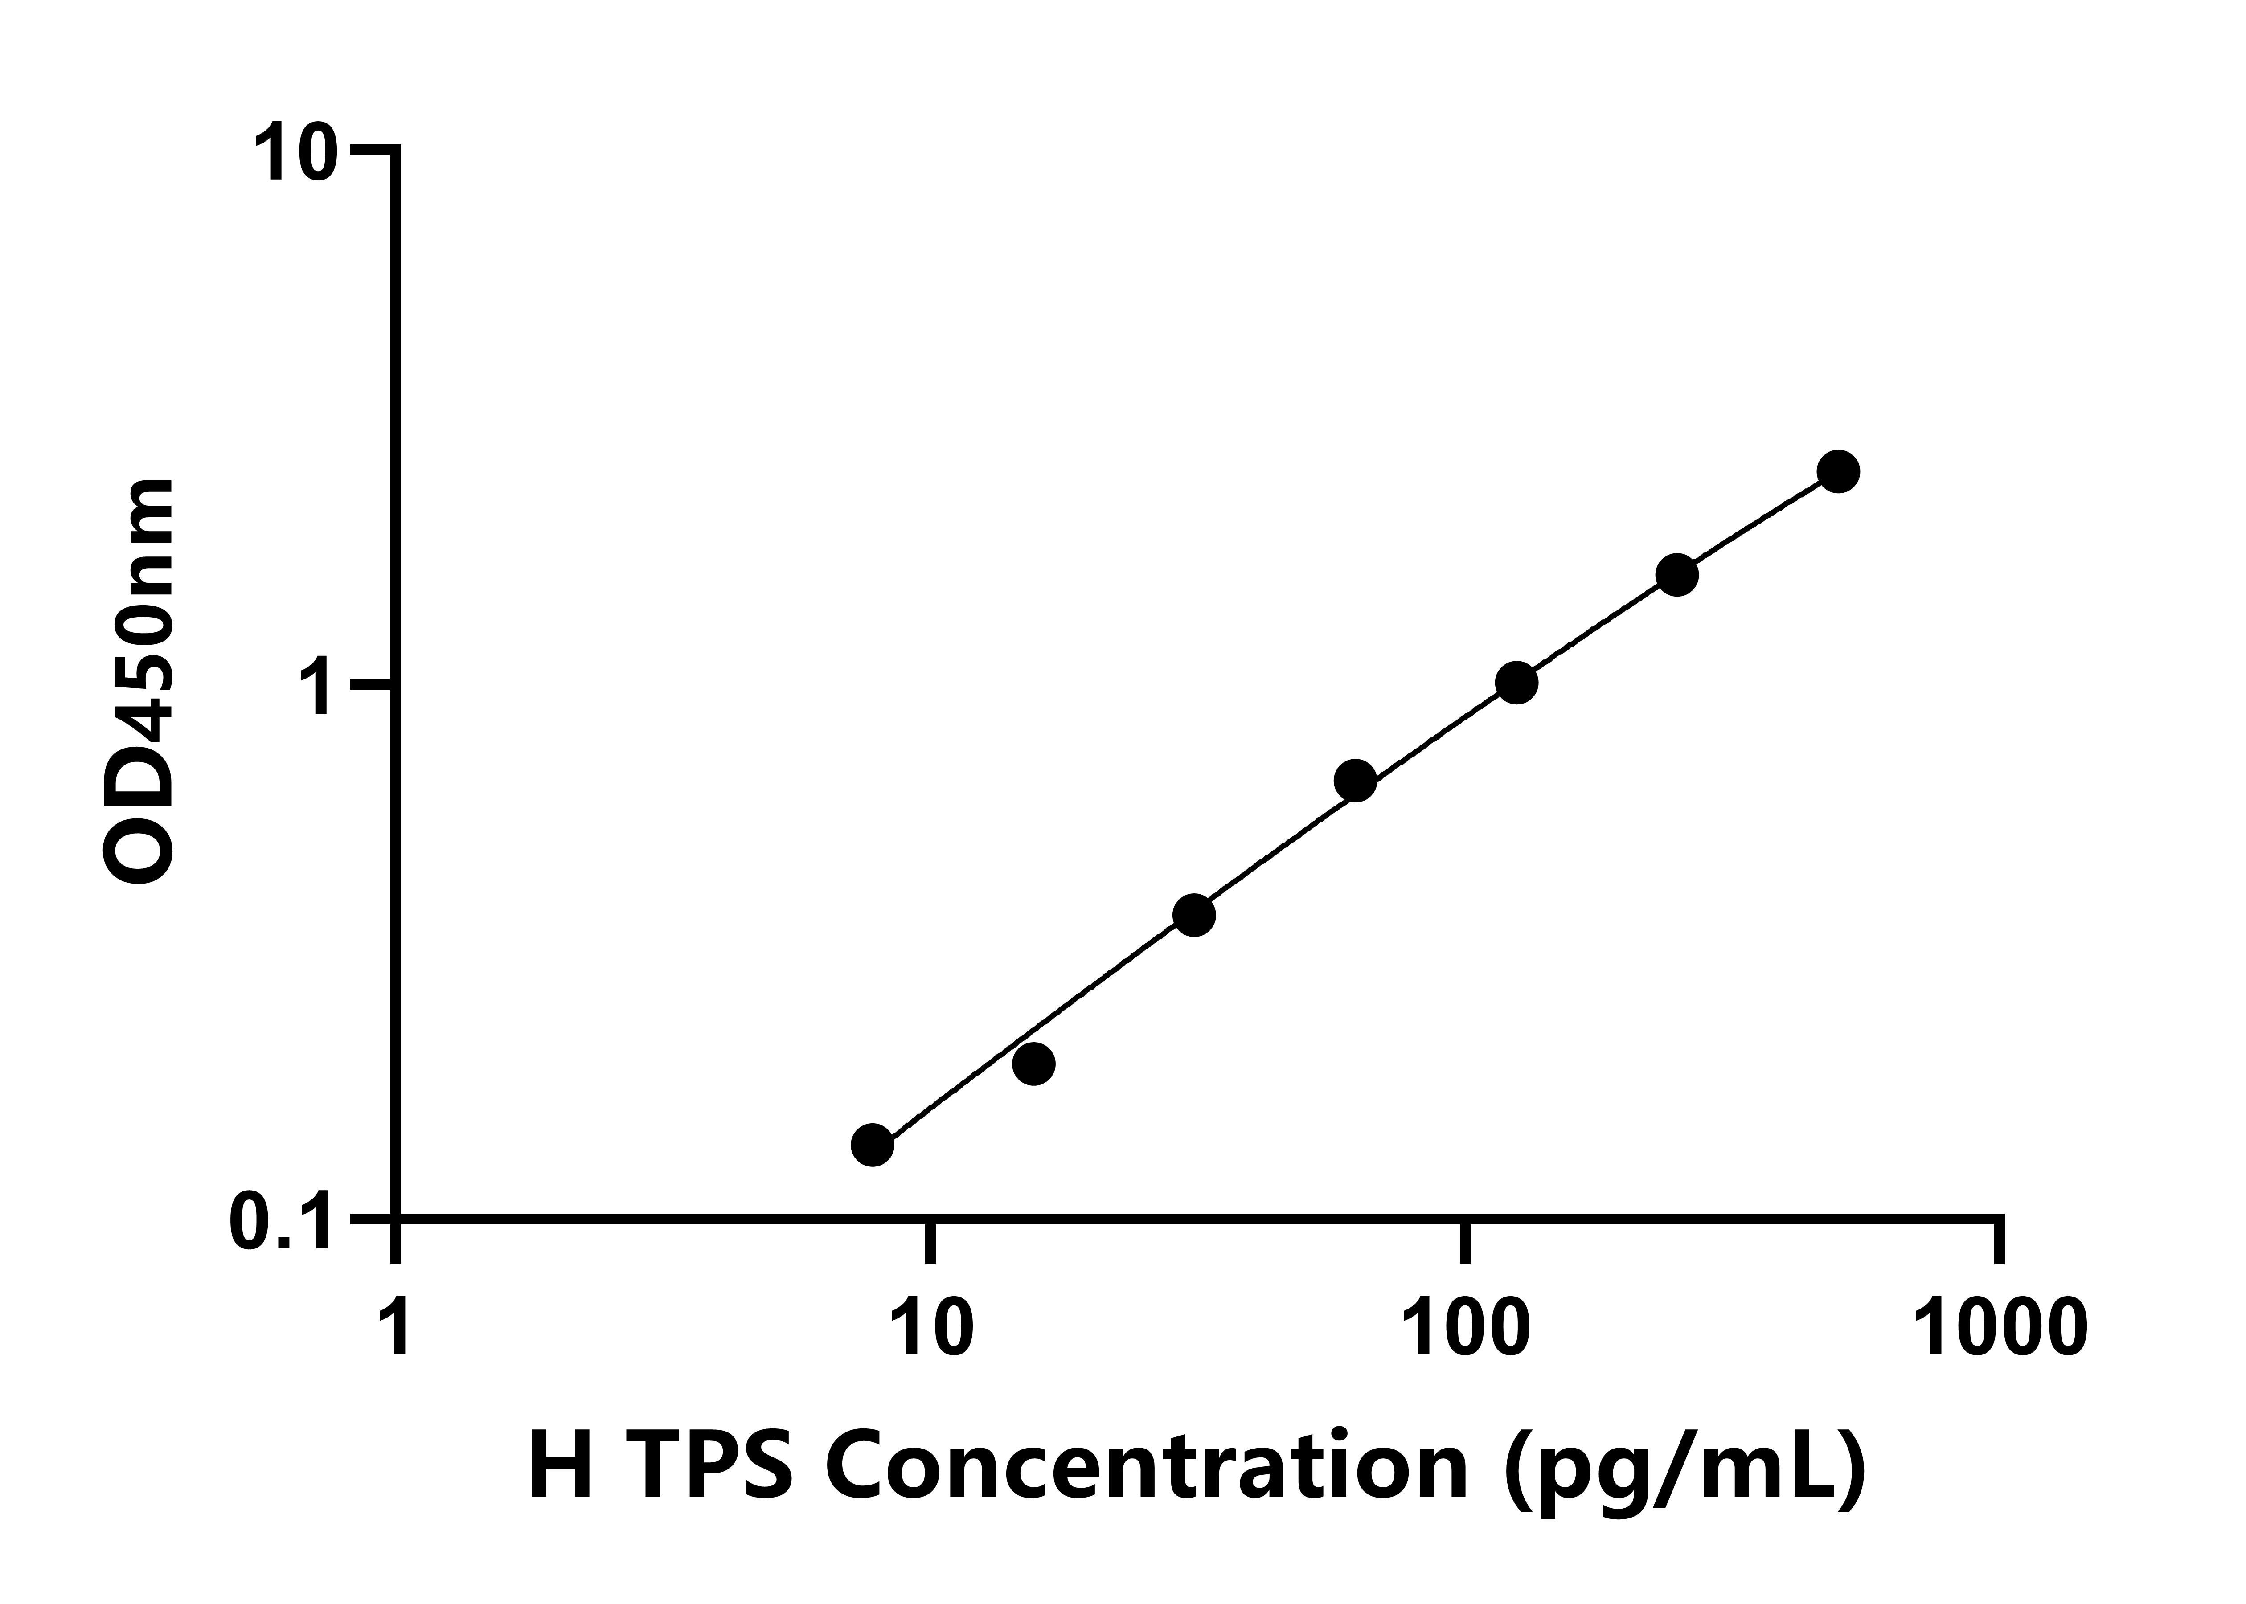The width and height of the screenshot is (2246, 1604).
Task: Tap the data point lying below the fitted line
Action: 1033,1063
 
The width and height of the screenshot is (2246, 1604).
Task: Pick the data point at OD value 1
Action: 1516,683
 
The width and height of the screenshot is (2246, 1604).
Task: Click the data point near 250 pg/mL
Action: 1676,575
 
